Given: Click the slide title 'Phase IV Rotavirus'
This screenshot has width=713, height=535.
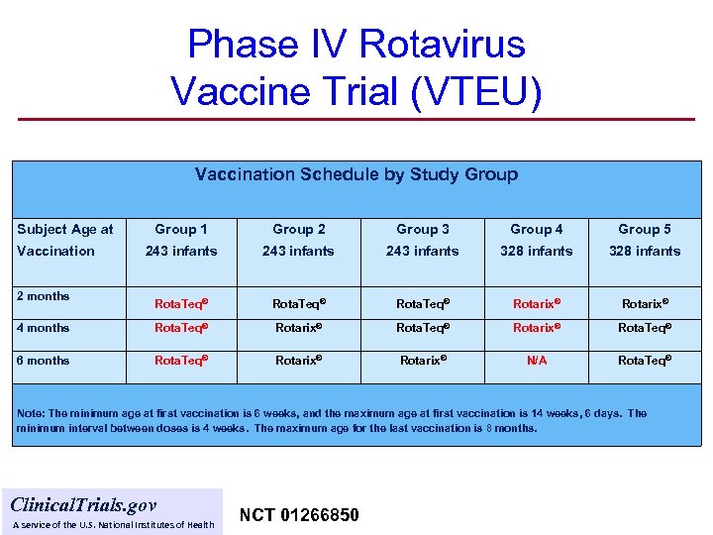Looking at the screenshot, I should [356, 45].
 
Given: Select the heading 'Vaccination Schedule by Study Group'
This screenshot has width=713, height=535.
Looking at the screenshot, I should [356, 174].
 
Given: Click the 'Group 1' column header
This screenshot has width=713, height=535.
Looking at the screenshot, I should [181, 229].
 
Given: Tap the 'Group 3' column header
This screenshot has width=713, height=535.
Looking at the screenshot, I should [423, 229].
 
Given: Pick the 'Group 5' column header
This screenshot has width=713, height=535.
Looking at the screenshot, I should [645, 229].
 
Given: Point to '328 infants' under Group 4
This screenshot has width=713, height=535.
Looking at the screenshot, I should [537, 251].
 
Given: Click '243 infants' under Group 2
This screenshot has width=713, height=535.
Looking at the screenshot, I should [298, 251].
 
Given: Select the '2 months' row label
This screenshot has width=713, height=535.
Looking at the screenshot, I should [43, 295].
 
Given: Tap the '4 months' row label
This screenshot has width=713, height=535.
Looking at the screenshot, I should [43, 328].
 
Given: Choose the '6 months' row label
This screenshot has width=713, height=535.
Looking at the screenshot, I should [43, 361].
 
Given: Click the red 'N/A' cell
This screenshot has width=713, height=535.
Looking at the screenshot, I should [537, 362].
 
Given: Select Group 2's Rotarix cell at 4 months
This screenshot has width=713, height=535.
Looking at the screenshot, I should [298, 329].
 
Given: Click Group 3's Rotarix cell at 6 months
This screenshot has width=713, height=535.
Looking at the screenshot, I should [423, 362].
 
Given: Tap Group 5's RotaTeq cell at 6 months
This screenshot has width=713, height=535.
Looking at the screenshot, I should [645, 362].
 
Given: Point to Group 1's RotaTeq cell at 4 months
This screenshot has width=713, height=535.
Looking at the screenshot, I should [181, 329].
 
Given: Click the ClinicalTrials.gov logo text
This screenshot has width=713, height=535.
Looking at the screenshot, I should [83, 504].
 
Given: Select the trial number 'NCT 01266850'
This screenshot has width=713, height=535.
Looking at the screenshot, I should [299, 515].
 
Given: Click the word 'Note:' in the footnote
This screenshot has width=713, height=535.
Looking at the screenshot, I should [32, 413].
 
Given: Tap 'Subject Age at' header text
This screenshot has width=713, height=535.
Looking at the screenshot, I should [65, 229].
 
